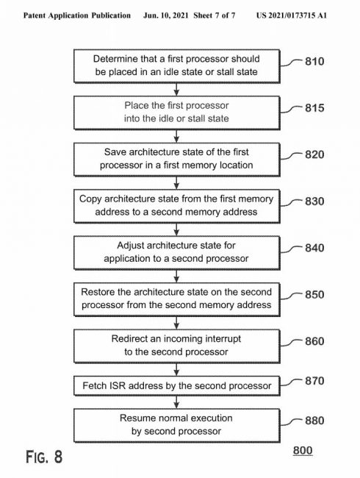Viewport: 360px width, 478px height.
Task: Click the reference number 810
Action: coord(314,61)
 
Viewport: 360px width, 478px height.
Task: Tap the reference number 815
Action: coord(314,108)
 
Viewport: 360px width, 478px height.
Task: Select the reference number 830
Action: coord(314,201)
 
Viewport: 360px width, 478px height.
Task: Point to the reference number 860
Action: coord(314,341)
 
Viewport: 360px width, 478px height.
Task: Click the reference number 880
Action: coord(314,421)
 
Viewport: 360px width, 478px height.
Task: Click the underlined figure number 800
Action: coord(303,451)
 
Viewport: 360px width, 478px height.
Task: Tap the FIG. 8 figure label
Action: coord(44,457)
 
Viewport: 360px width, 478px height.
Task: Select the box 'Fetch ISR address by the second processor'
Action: coord(176,385)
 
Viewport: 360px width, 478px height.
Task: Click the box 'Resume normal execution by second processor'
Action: coord(176,425)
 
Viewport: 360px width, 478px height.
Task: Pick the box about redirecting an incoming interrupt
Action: coord(176,346)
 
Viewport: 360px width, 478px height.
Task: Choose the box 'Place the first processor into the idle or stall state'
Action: coord(176,113)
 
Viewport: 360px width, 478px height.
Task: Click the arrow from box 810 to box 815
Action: coord(176,89)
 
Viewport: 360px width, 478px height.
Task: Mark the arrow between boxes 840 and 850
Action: coord(176,276)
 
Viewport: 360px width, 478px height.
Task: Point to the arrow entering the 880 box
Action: coord(176,402)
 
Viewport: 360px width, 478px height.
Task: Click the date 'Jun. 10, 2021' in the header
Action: coord(166,15)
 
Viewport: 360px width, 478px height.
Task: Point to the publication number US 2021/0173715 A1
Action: coord(292,15)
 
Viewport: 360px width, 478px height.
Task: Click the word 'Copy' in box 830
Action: coord(90,199)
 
